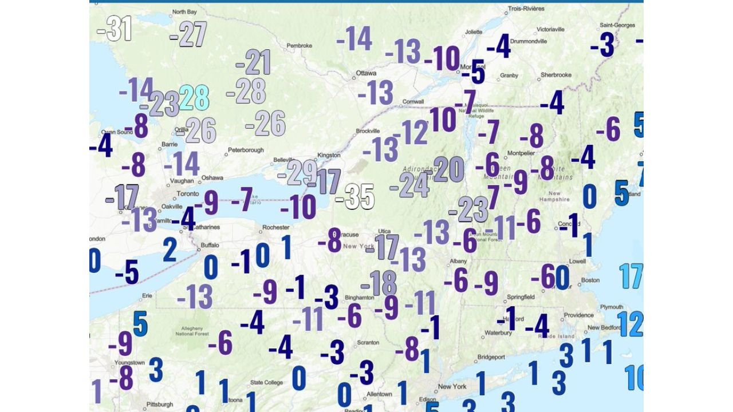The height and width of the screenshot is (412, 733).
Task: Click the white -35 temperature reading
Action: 355,197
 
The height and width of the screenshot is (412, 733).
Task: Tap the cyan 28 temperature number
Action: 194,98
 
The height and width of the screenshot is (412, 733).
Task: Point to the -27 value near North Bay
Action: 188,35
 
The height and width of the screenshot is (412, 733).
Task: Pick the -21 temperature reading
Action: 253,62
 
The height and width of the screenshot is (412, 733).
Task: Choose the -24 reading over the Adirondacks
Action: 409,185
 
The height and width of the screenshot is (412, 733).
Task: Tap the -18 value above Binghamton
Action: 379,283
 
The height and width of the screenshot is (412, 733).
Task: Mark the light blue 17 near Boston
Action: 631,276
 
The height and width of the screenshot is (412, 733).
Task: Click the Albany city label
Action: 459,260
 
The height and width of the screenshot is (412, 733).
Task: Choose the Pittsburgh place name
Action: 159,404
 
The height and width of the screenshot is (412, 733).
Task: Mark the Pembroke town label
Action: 299,45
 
